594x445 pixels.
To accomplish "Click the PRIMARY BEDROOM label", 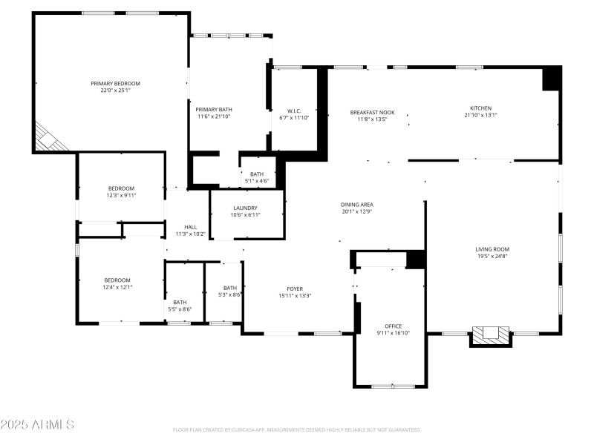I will click(115, 84).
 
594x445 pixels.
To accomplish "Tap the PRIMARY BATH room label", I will click(214, 109).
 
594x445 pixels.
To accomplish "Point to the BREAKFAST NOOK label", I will click(372, 112).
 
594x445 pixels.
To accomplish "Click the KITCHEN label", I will click(480, 108).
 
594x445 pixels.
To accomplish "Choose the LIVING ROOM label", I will click(492, 249).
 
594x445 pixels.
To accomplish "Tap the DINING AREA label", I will click(356, 205).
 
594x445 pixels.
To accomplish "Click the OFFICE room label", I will click(393, 326).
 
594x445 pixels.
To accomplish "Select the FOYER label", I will click(295, 289).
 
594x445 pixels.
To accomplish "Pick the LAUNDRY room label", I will click(245, 208).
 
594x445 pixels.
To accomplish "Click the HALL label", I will click(191, 227).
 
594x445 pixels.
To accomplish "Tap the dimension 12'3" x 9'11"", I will click(122, 195).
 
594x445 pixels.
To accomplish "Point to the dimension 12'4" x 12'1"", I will click(117, 287).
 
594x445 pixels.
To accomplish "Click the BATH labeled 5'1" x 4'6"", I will click(257, 174).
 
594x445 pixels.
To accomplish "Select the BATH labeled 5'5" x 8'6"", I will click(180, 302).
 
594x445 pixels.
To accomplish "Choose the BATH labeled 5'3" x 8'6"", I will click(230, 288).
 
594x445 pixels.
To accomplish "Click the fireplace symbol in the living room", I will click(491, 335).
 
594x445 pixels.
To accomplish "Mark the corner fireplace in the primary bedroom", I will click(48, 139).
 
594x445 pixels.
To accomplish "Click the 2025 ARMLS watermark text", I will click(37, 425).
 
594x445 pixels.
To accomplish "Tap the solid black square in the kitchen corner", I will click(551, 79).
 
